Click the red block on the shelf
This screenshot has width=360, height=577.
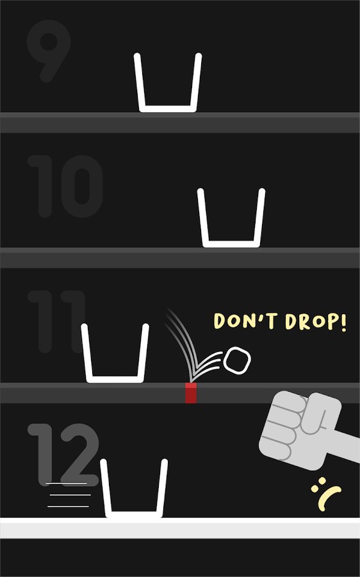[190, 392]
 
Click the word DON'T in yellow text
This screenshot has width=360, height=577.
[245, 321]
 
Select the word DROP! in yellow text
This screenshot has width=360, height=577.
[316, 322]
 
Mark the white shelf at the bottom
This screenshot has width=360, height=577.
[180, 528]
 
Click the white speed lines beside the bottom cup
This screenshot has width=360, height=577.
[68, 495]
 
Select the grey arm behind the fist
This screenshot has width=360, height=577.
[344, 446]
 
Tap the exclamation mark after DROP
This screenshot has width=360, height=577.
[343, 322]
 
